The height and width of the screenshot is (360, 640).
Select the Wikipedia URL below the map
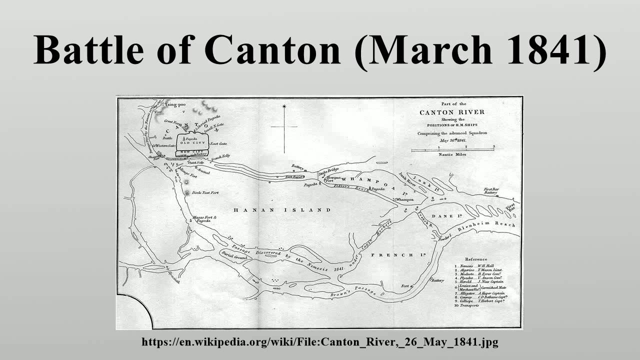pyautogui.click(x=320, y=342)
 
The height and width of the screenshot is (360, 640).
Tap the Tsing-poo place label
pyautogui.click(x=175, y=105)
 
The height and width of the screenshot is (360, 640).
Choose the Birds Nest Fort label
pyautogui.click(x=204, y=192)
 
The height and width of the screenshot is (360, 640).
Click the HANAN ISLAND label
pyautogui.click(x=282, y=210)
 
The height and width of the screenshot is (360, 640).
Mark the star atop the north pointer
pyautogui.click(x=284, y=106)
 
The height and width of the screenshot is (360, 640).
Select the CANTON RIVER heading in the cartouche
pyautogui.click(x=452, y=111)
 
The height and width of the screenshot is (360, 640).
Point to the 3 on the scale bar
pyautogui.click(x=493, y=146)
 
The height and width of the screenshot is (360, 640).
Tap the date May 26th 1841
pyautogui.click(x=452, y=140)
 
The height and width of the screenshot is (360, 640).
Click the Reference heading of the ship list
pyautogui.click(x=476, y=259)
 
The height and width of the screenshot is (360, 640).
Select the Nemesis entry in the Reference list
pyautogui.click(x=480, y=265)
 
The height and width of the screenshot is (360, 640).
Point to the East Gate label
pyautogui.click(x=219, y=143)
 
